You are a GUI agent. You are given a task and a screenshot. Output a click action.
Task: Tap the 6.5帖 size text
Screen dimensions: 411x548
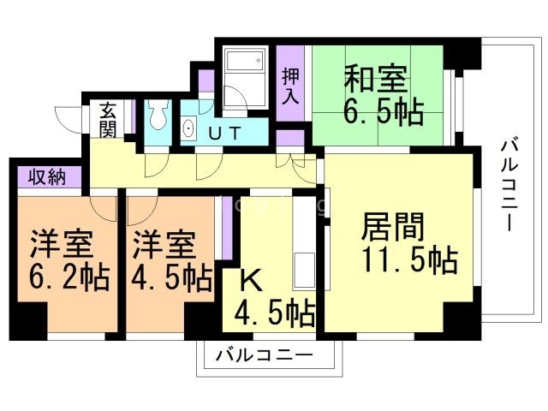point(384,111)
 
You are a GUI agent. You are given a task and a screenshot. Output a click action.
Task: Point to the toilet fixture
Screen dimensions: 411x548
point(158,115)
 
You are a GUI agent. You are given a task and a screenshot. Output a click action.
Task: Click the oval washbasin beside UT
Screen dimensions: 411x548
point(188,130)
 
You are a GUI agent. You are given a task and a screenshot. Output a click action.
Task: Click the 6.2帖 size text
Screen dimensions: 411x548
point(60,278)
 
